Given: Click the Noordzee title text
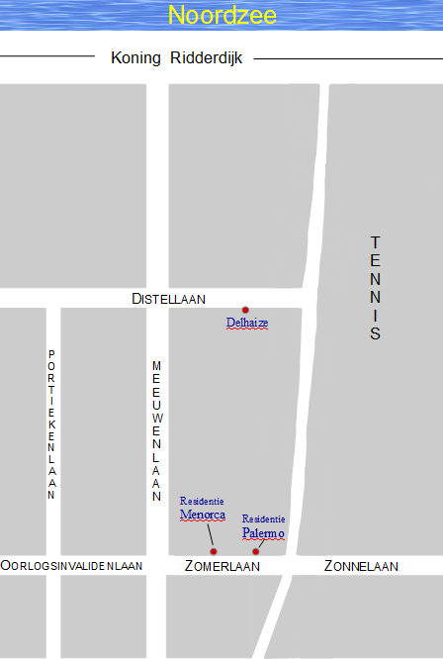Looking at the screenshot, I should (x=221, y=16).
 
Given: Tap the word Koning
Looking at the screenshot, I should (x=135, y=58).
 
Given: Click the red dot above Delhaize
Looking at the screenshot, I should (x=245, y=310).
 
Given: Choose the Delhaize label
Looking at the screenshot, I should (x=247, y=323).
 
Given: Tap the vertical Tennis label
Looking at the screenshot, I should (x=375, y=288).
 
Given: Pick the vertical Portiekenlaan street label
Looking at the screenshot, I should (x=51, y=424).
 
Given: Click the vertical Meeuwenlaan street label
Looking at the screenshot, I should (x=156, y=431).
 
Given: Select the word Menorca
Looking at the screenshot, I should (x=203, y=515).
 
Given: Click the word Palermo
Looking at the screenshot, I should (x=263, y=533).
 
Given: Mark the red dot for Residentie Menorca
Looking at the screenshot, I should (x=214, y=551).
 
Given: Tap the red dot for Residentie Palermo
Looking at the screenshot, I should (x=255, y=551).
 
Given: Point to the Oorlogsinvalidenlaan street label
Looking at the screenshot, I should (x=71, y=566).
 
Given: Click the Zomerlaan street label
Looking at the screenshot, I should (x=222, y=566).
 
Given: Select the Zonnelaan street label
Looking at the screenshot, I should (x=361, y=566).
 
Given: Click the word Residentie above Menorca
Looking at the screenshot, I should (x=202, y=501).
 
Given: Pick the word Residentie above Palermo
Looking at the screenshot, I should (x=264, y=518).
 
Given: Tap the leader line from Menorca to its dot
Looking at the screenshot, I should (x=211, y=536).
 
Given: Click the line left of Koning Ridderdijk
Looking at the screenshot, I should (x=47, y=58).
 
